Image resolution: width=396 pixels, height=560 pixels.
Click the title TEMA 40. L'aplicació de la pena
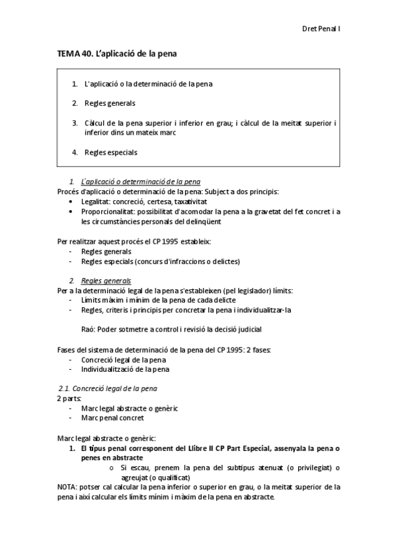(x=116, y=53)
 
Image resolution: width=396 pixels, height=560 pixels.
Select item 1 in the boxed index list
(x=148, y=84)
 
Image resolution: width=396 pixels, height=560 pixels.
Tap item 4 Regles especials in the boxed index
(x=110, y=153)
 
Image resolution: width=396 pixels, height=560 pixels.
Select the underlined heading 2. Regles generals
(x=105, y=281)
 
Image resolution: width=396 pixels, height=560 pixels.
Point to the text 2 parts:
(x=69, y=399)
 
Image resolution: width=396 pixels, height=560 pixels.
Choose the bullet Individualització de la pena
(x=125, y=369)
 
